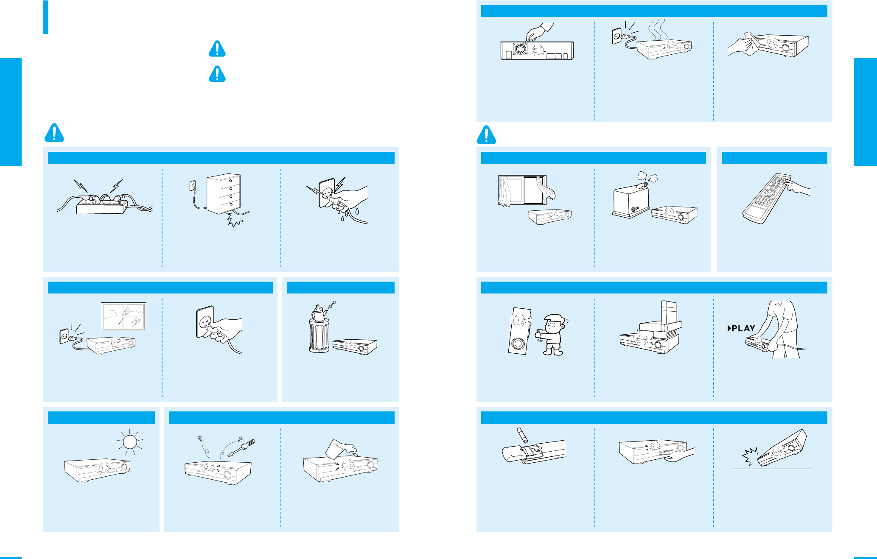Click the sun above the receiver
130,442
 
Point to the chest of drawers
224,193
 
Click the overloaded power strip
102,204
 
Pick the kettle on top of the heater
318,312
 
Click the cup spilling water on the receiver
337,449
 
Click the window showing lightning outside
123,316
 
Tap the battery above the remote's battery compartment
521,436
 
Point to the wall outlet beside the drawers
193,185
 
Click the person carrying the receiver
780,327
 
